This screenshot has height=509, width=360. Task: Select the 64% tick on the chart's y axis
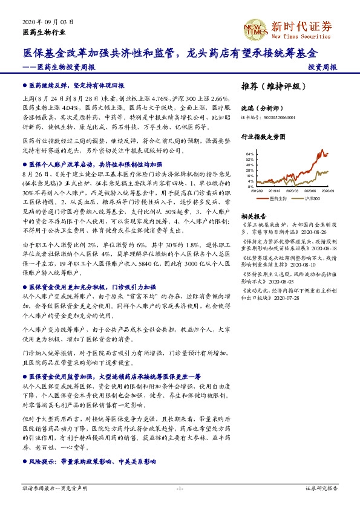pyautogui.click(x=250, y=154)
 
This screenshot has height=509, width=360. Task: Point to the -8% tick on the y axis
pyautogui.click(x=250, y=187)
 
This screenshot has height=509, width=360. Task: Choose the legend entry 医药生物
pyautogui.click(x=277, y=198)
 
